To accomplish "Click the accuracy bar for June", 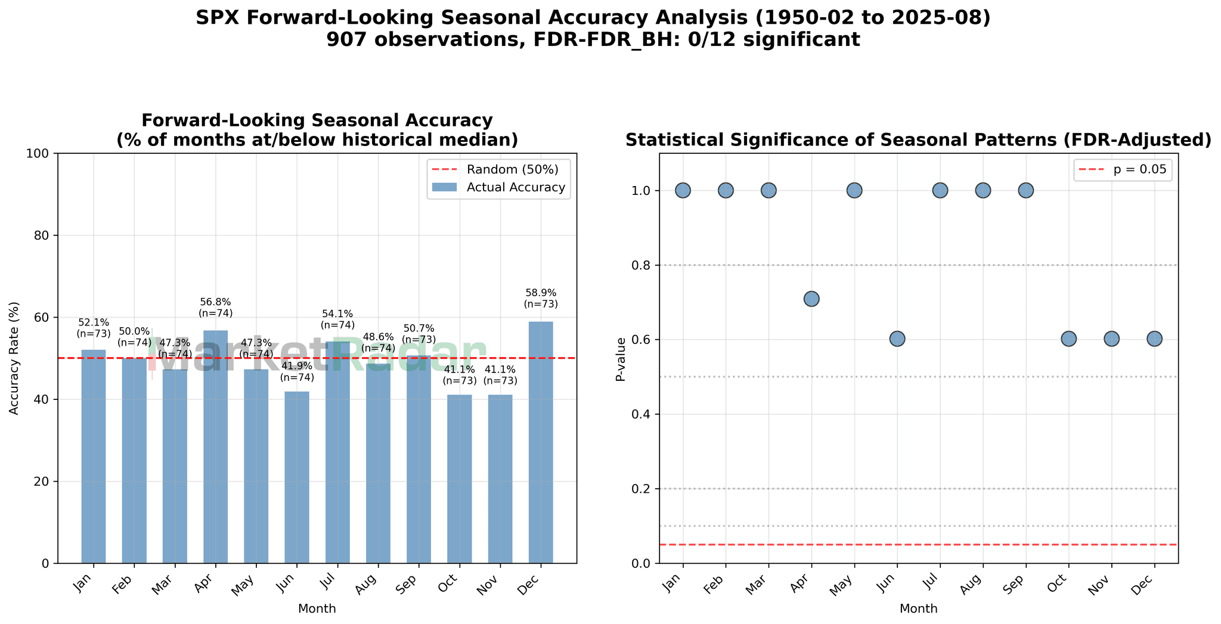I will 297,477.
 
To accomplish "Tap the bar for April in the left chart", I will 215,447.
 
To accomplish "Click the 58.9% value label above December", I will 541,298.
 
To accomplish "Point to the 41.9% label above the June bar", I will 297,371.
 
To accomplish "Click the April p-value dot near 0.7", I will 811,299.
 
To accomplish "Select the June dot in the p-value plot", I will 897,339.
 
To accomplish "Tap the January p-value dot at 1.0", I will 683,190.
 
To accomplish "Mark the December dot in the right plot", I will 1154,339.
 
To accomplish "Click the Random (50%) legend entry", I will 512,169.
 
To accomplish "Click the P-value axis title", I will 621,359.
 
